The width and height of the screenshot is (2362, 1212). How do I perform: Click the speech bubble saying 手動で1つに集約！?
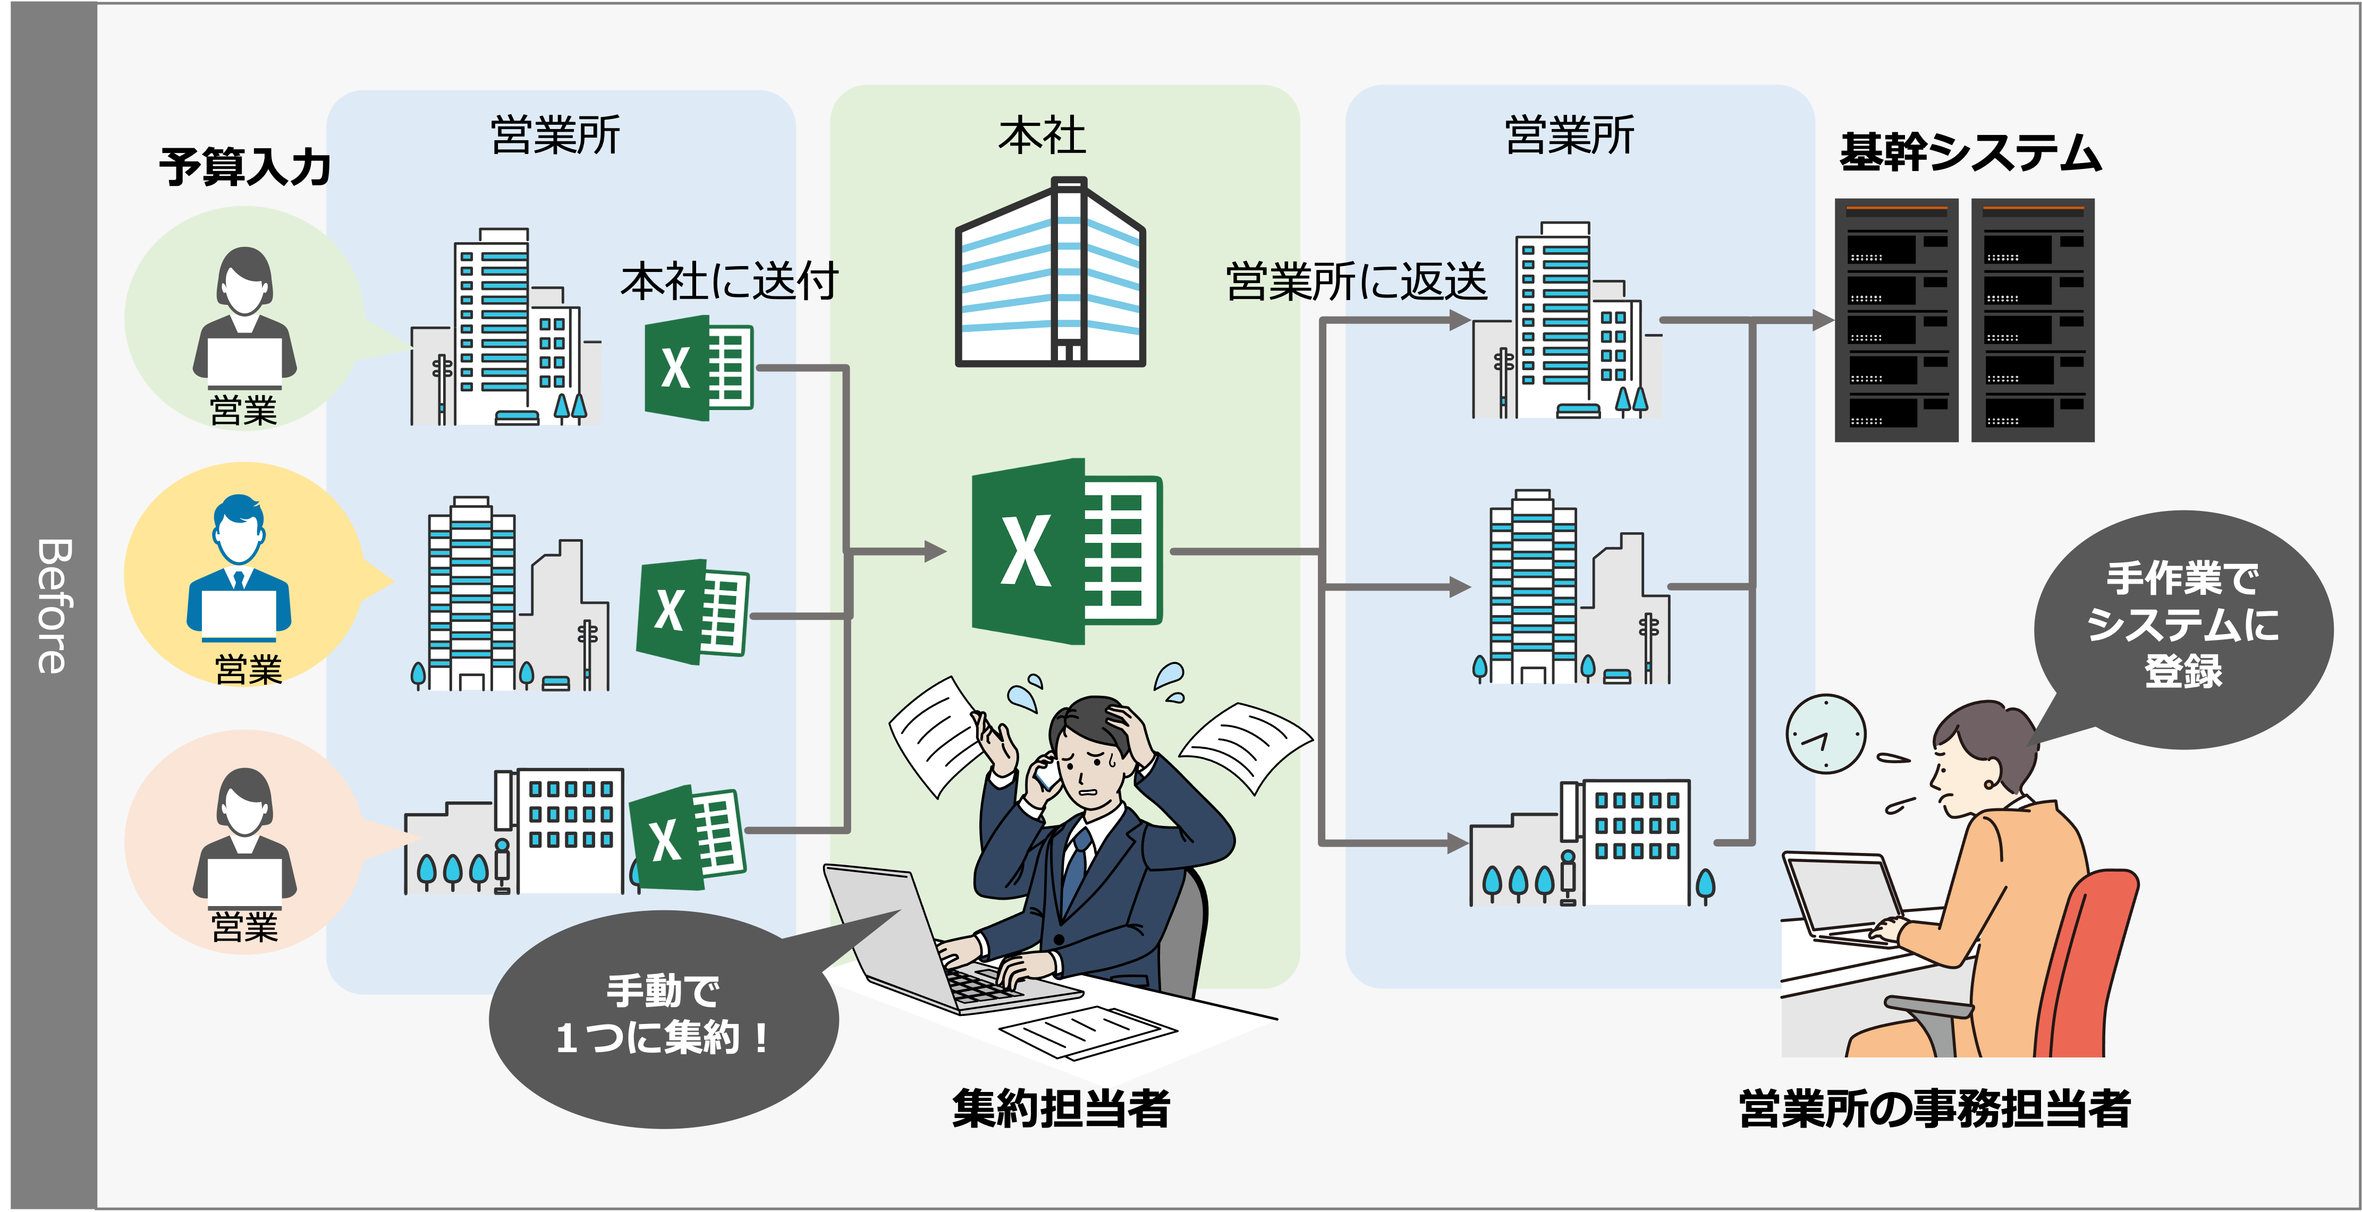[x=663, y=1018]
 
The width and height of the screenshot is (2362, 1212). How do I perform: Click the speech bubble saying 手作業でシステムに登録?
[x=2182, y=627]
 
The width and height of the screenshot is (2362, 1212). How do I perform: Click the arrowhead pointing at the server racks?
[x=1823, y=320]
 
